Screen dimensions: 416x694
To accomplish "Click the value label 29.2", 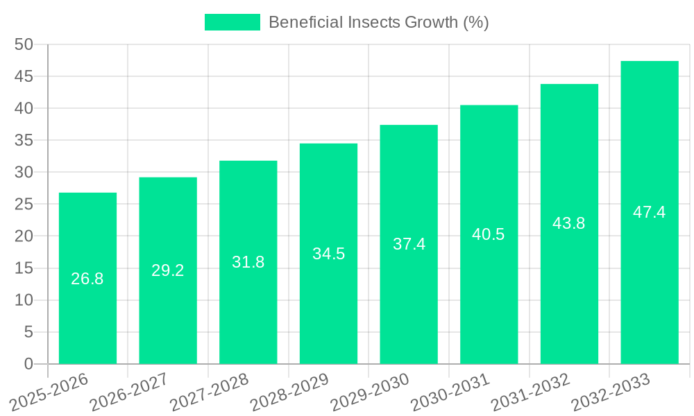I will (x=168, y=270).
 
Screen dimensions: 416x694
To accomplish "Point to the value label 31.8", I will (x=248, y=262).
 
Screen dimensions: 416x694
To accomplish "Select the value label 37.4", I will (x=409, y=244).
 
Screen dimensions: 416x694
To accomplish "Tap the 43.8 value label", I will (x=569, y=223).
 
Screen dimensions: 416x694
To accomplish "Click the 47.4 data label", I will (x=649, y=212).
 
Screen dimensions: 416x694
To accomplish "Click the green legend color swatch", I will (x=232, y=22).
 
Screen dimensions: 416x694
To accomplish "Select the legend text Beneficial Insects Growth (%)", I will (x=378, y=22).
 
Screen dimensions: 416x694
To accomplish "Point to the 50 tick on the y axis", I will (x=24, y=44).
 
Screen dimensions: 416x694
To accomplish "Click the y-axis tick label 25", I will (x=24, y=205).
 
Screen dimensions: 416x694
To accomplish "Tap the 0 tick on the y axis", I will (x=28, y=364).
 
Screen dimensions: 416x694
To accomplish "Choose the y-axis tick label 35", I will (x=24, y=140).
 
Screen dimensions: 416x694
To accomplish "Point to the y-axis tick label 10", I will (x=24, y=300).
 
